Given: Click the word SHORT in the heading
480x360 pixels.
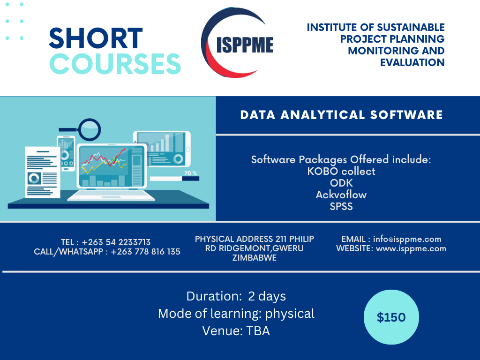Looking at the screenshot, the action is pos(96,38).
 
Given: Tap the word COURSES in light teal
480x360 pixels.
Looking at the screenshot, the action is pos(115,64).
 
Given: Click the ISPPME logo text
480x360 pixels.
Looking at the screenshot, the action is pos(245,45).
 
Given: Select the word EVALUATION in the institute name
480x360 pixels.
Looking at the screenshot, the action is pos(412,62).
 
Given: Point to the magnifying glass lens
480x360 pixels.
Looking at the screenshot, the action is pos(90,129).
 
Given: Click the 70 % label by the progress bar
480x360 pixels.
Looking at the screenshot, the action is pos(190,173).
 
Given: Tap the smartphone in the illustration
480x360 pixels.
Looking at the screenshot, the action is pos(66,153).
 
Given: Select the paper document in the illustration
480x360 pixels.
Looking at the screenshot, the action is pos(42,172).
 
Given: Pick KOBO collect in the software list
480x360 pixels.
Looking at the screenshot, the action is pos(341,171).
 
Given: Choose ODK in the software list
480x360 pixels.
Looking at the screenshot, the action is pos(341,183).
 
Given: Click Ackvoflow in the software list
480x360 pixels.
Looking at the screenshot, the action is pos(341,195).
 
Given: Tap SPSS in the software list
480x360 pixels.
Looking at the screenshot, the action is pos(341,207).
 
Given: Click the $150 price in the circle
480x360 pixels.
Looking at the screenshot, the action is pos(391,317).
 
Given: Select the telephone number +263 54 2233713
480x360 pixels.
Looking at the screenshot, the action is pos(116,242).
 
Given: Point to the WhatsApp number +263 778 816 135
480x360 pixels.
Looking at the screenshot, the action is pos(145,252).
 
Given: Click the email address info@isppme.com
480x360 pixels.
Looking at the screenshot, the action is pos(407,239).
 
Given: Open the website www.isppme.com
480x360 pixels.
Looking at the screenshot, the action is pos(411,248).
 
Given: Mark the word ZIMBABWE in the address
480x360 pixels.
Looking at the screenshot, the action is pos(255,258).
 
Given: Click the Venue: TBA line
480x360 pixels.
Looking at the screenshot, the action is pos(236,331).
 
